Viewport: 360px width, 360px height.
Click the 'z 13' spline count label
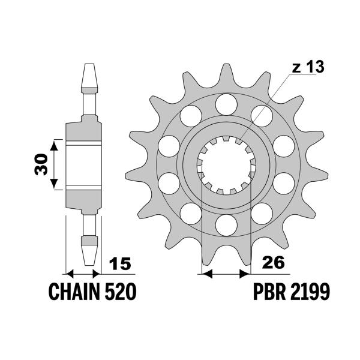tap(308, 67)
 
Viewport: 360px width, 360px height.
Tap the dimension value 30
tap(41, 163)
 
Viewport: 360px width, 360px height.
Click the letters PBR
tap(268, 292)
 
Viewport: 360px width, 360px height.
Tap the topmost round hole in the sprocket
tap(226, 103)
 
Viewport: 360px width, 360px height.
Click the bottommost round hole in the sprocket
tap(226, 224)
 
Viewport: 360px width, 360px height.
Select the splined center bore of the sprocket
tap(226, 163)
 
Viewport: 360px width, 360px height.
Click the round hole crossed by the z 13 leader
tap(262, 113)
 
